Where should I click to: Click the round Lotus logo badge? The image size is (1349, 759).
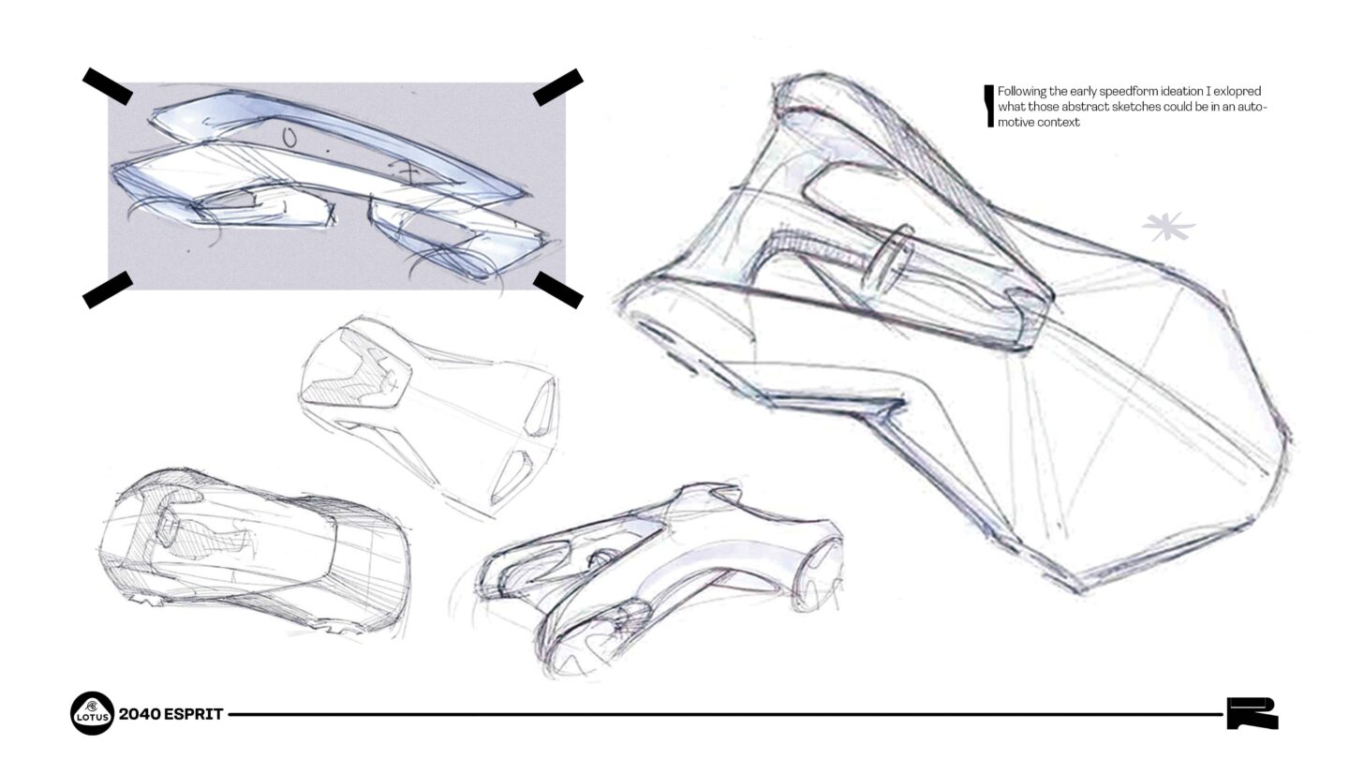(x=92, y=714)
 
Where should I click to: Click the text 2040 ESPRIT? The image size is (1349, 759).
(x=171, y=714)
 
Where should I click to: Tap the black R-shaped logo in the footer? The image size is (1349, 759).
(x=1253, y=713)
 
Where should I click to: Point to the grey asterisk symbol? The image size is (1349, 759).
(x=1168, y=227)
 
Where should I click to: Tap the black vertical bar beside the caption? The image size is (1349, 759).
(x=988, y=105)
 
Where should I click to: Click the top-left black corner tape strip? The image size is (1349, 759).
(x=107, y=86)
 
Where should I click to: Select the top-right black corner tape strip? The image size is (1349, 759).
(x=558, y=86)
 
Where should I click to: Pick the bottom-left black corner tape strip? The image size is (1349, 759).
(x=107, y=290)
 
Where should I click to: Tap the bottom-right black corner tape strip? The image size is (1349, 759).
(x=558, y=290)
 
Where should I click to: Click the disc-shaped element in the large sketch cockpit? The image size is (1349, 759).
(x=891, y=256)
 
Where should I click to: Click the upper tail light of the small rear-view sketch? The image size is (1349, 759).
(x=541, y=411)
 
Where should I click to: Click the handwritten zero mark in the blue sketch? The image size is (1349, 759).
(x=289, y=139)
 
